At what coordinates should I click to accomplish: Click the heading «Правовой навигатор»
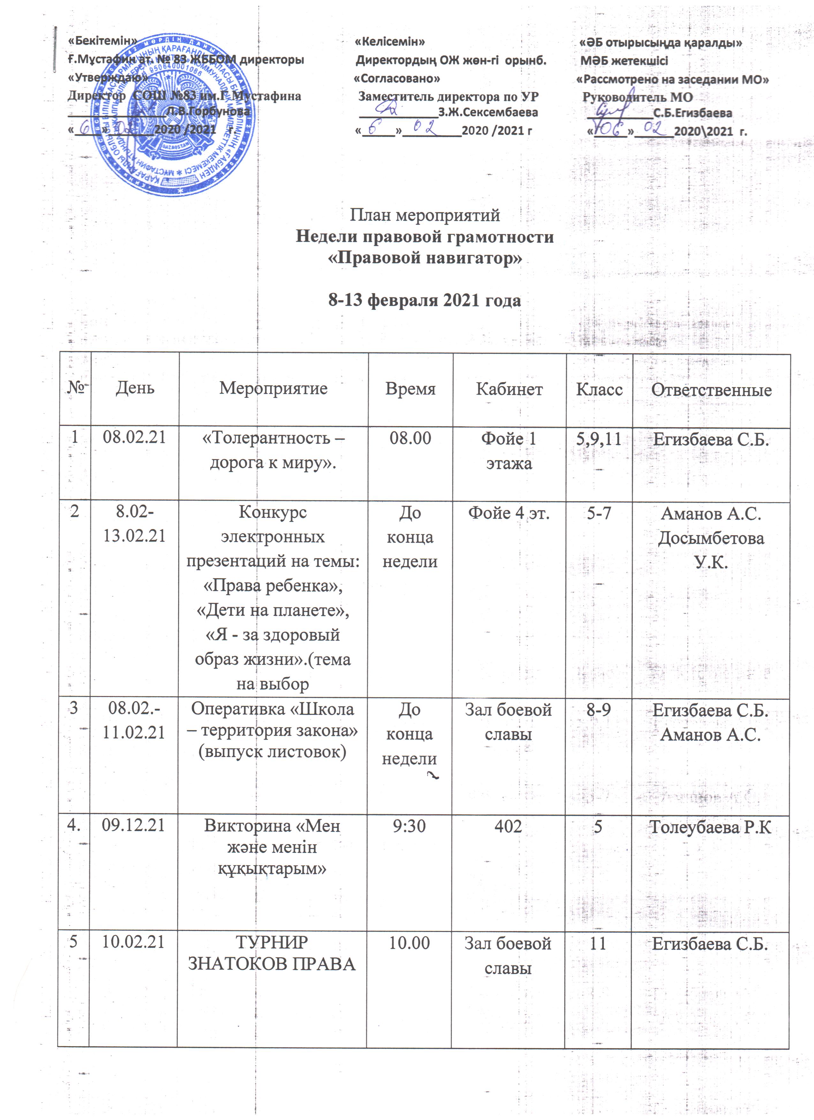tap(425, 258)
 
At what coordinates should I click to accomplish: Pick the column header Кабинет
tap(509, 389)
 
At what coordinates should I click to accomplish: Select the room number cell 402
tap(508, 826)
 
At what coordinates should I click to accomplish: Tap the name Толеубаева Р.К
tap(710, 827)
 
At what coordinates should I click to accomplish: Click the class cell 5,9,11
tap(599, 439)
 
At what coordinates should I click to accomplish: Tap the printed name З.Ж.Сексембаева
tap(488, 113)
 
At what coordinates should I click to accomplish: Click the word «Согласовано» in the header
tap(397, 79)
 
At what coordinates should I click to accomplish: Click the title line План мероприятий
tap(425, 215)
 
